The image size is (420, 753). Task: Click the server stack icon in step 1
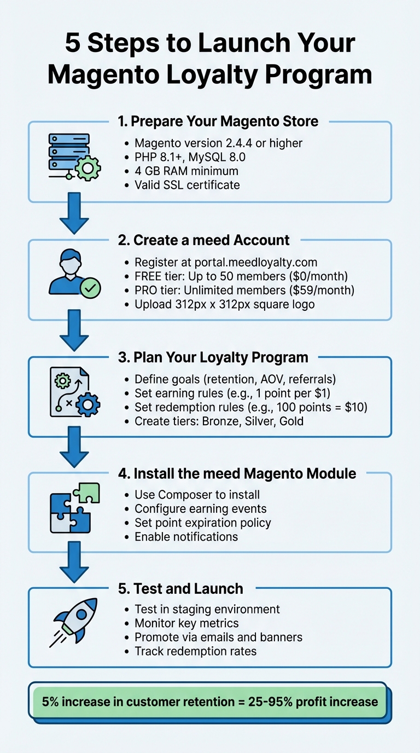pyautogui.click(x=71, y=155)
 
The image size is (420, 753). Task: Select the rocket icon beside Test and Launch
pyautogui.click(x=74, y=621)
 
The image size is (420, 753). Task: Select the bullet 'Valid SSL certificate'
pyautogui.click(x=187, y=185)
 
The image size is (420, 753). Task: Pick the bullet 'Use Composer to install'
pyautogui.click(x=197, y=495)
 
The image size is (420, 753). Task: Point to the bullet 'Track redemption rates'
pyautogui.click(x=195, y=651)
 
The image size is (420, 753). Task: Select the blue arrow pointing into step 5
pyautogui.click(x=74, y=563)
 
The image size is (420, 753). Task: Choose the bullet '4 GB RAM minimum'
pyautogui.click(x=186, y=171)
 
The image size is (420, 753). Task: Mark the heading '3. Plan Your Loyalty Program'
pyautogui.click(x=213, y=357)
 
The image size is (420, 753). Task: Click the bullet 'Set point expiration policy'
pyautogui.click(x=202, y=523)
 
